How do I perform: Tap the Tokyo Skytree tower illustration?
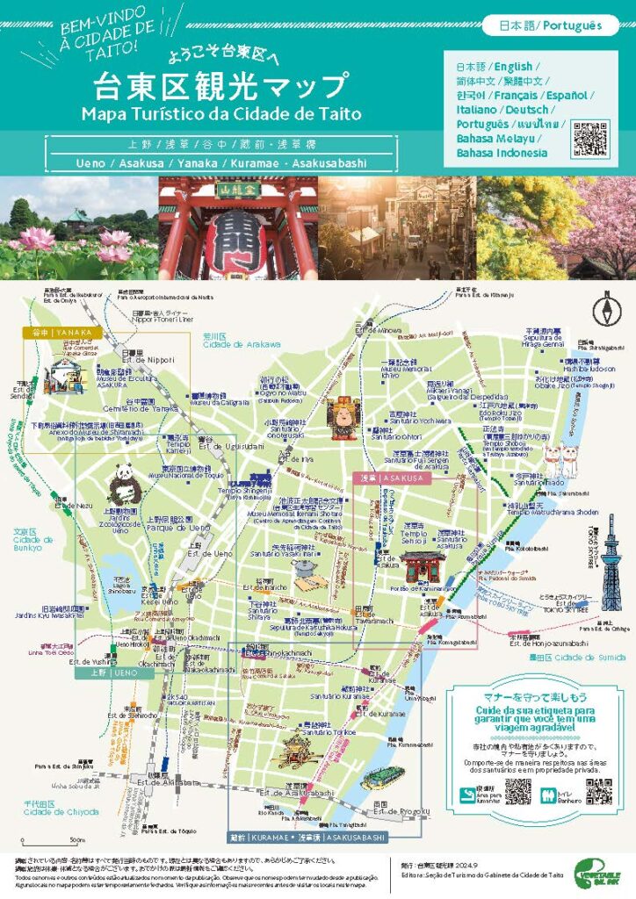(611, 562)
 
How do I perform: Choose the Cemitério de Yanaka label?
(140, 408)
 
